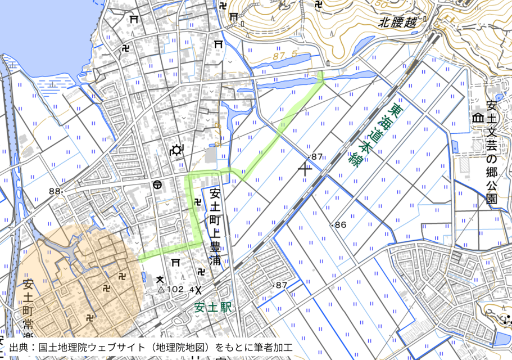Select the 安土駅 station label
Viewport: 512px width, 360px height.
pos(212,308)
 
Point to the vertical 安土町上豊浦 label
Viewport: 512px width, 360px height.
pos(215,227)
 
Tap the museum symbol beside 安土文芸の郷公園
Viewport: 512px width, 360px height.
pos(478,118)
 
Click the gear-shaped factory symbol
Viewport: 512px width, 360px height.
pos(176,150)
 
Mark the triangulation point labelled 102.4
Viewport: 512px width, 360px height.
pos(160,290)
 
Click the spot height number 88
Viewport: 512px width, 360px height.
pos(54,191)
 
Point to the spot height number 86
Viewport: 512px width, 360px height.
pos(341,224)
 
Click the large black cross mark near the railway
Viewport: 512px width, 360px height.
pos(305,167)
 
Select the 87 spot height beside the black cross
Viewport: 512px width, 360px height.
pos(317,156)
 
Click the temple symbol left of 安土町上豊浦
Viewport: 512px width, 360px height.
pos(197,201)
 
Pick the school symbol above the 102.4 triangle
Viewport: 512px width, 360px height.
pos(160,278)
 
